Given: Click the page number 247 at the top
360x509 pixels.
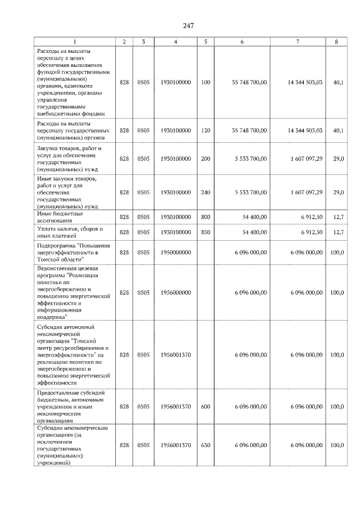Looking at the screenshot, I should pyautogui.click(x=188, y=26).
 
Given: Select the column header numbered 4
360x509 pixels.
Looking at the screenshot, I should pyautogui.click(x=175, y=41).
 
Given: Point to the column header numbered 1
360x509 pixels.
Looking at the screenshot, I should pyautogui.click(x=75, y=41).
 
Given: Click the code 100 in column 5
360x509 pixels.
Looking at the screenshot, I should pyautogui.click(x=205, y=82).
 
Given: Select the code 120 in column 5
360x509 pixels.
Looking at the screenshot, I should pyautogui.click(x=205, y=130).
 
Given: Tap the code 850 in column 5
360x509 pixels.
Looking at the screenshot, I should pyautogui.click(x=205, y=232).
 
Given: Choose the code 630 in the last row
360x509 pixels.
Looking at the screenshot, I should pyautogui.click(x=205, y=445).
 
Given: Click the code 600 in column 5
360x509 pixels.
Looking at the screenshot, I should pyautogui.click(x=205, y=406).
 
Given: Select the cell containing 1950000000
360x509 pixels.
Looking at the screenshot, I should pyautogui.click(x=175, y=253).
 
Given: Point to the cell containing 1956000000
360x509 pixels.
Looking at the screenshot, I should pyautogui.click(x=175, y=292).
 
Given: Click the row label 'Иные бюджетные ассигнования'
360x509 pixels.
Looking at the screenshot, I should pyautogui.click(x=60, y=217).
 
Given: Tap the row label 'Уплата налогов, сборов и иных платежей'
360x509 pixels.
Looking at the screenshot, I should pyautogui.click(x=68, y=232).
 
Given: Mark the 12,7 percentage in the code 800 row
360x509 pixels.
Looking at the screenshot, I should pyautogui.click(x=337, y=217).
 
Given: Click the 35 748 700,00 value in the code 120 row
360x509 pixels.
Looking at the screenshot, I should pyautogui.click(x=249, y=130).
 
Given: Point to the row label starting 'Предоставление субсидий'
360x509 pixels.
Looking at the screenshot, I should pyautogui.click(x=71, y=406).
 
